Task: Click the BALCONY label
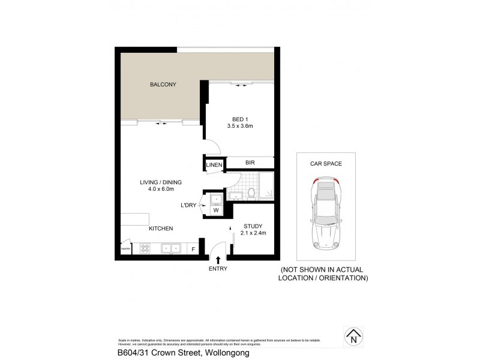pos(163,85)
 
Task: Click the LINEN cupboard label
pos(215,165)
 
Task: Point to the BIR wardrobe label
pos(250,163)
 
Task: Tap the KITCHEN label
pos(161,229)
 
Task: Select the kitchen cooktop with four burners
pos(146,247)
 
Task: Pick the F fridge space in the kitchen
pos(193,248)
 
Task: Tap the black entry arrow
pos(218,259)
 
